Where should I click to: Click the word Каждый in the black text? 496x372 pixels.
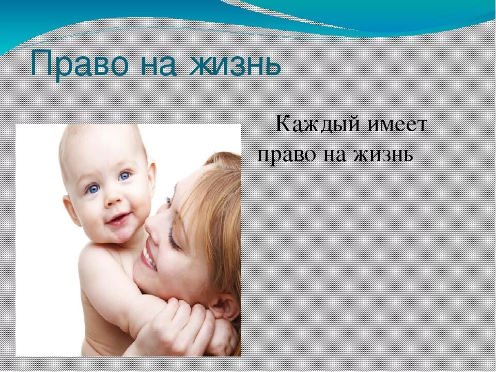pyautogui.click(x=312, y=125)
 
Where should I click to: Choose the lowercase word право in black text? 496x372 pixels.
pyautogui.click(x=287, y=154)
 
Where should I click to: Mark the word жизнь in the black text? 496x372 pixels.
pyautogui.click(x=385, y=154)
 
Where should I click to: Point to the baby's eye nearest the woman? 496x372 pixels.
pyautogui.click(x=124, y=176)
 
